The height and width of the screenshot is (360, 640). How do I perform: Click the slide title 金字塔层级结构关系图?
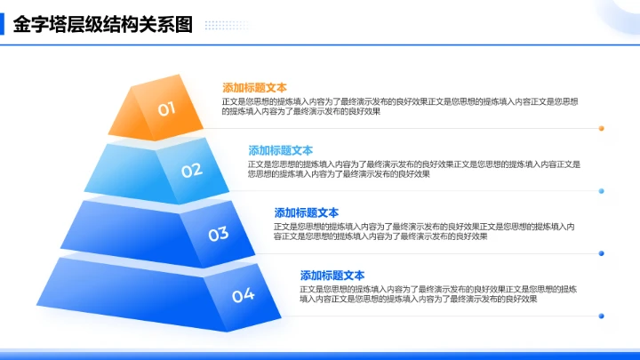(x=103, y=24)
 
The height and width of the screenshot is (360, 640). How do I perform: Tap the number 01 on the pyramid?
(x=167, y=109)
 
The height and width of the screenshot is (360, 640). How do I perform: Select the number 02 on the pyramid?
(x=192, y=170)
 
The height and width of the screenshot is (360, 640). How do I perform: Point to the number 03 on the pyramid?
(x=219, y=234)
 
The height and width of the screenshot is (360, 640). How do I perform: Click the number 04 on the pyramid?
(x=244, y=295)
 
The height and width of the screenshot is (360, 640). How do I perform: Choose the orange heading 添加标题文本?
(x=254, y=88)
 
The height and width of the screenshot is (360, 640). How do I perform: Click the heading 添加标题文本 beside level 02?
(x=280, y=150)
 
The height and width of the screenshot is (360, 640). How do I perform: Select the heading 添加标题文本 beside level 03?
(x=307, y=213)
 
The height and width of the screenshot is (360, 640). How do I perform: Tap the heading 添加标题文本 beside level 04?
(x=332, y=276)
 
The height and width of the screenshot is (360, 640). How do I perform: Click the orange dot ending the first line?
(x=602, y=128)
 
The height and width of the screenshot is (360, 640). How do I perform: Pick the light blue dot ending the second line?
(x=602, y=191)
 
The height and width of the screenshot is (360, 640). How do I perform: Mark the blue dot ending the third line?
(x=602, y=253)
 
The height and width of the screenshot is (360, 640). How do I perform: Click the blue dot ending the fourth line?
(x=602, y=316)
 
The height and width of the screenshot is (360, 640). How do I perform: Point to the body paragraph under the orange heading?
(x=400, y=107)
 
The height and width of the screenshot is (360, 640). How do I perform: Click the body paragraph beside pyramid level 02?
(x=413, y=169)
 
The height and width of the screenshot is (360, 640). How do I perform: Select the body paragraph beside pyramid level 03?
(x=425, y=232)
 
